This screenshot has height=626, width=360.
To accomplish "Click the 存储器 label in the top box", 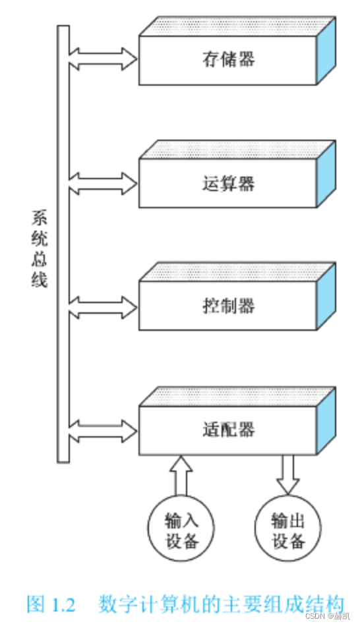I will (x=227, y=59).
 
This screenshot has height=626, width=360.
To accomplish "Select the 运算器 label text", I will (x=227, y=183).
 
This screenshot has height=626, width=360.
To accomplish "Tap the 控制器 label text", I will (x=227, y=306).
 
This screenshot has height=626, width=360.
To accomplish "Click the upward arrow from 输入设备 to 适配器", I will (x=181, y=474).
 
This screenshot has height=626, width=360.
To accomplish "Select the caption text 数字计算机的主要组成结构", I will (x=221, y=603).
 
